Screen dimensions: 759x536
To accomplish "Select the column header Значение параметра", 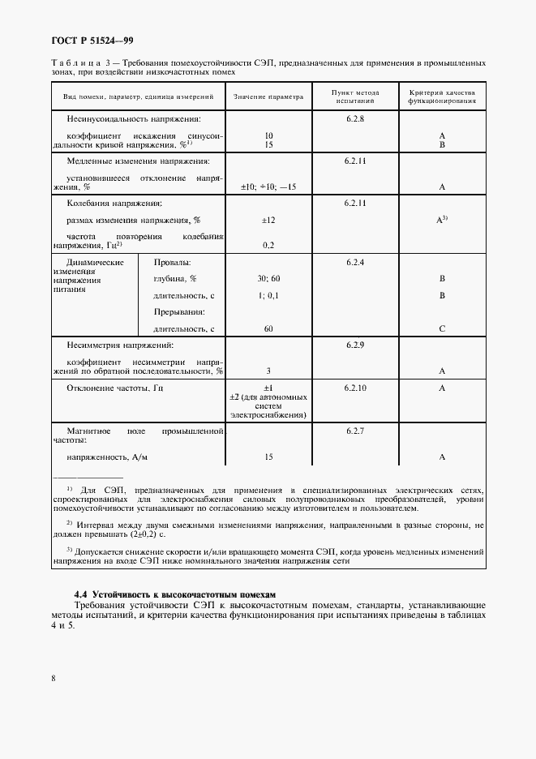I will pyautogui.click(x=268, y=96).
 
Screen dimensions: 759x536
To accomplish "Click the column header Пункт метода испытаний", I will pyautogui.click(x=355, y=96).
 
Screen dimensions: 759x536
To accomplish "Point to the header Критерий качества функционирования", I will pyautogui.click(x=442, y=96).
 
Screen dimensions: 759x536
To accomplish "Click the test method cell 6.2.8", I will pyautogui.click(x=355, y=118).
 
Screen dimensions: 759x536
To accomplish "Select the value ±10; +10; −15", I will pyautogui.click(x=268, y=187).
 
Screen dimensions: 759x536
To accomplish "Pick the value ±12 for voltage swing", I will pyautogui.click(x=268, y=220).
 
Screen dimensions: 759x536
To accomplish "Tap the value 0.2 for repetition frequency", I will pyautogui.click(x=268, y=244).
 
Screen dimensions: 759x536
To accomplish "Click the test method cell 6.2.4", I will pyautogui.click(x=355, y=263).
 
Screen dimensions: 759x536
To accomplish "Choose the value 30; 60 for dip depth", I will pyautogui.click(x=268, y=279).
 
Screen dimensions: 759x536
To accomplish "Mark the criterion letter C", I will pyautogui.click(x=443, y=328).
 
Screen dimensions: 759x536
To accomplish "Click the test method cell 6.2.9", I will pyautogui.click(x=355, y=345).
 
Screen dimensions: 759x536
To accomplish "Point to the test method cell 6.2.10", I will pyautogui.click(x=355, y=388).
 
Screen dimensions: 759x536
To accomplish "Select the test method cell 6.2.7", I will pyautogui.click(x=355, y=431).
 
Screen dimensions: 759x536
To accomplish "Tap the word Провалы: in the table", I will pyautogui.click(x=173, y=263).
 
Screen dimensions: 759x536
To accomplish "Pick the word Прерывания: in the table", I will pyautogui.click(x=178, y=312).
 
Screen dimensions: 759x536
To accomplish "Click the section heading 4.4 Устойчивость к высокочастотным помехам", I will pyautogui.click(x=175, y=595).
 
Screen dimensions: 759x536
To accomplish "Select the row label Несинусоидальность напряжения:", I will pyautogui.click(x=127, y=118).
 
